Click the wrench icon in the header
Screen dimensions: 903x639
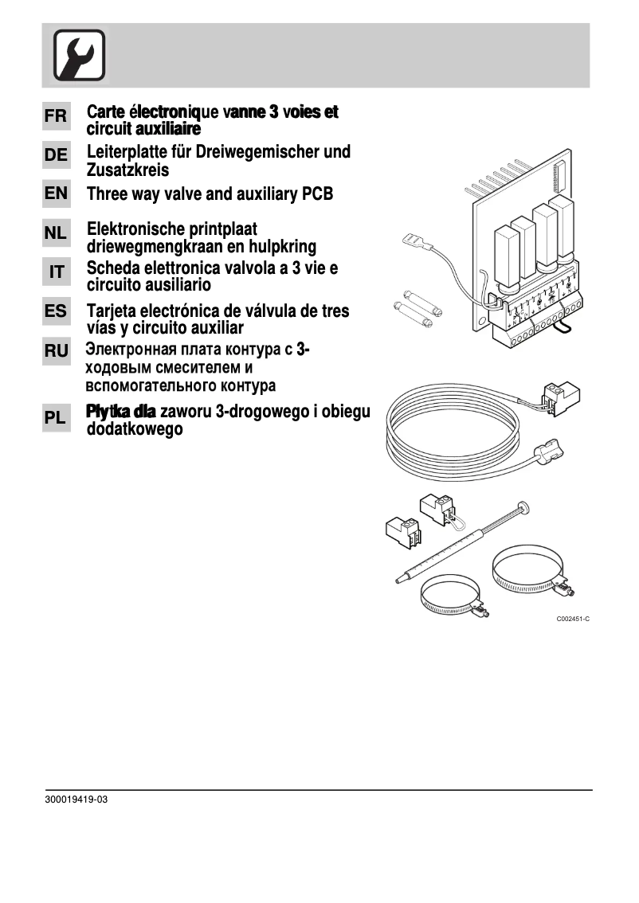click(79, 55)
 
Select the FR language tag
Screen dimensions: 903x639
click(56, 116)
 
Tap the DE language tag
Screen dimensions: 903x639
click(56, 156)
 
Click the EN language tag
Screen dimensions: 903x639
click(56, 193)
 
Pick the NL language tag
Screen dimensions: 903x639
click(56, 234)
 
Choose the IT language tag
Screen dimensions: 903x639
click(56, 272)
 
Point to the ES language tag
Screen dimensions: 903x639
click(56, 312)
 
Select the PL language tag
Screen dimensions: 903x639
click(56, 417)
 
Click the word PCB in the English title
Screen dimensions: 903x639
click(314, 194)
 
